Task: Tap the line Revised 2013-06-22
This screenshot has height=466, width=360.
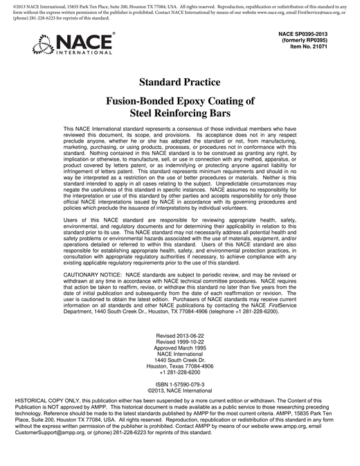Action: pos(180,337)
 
